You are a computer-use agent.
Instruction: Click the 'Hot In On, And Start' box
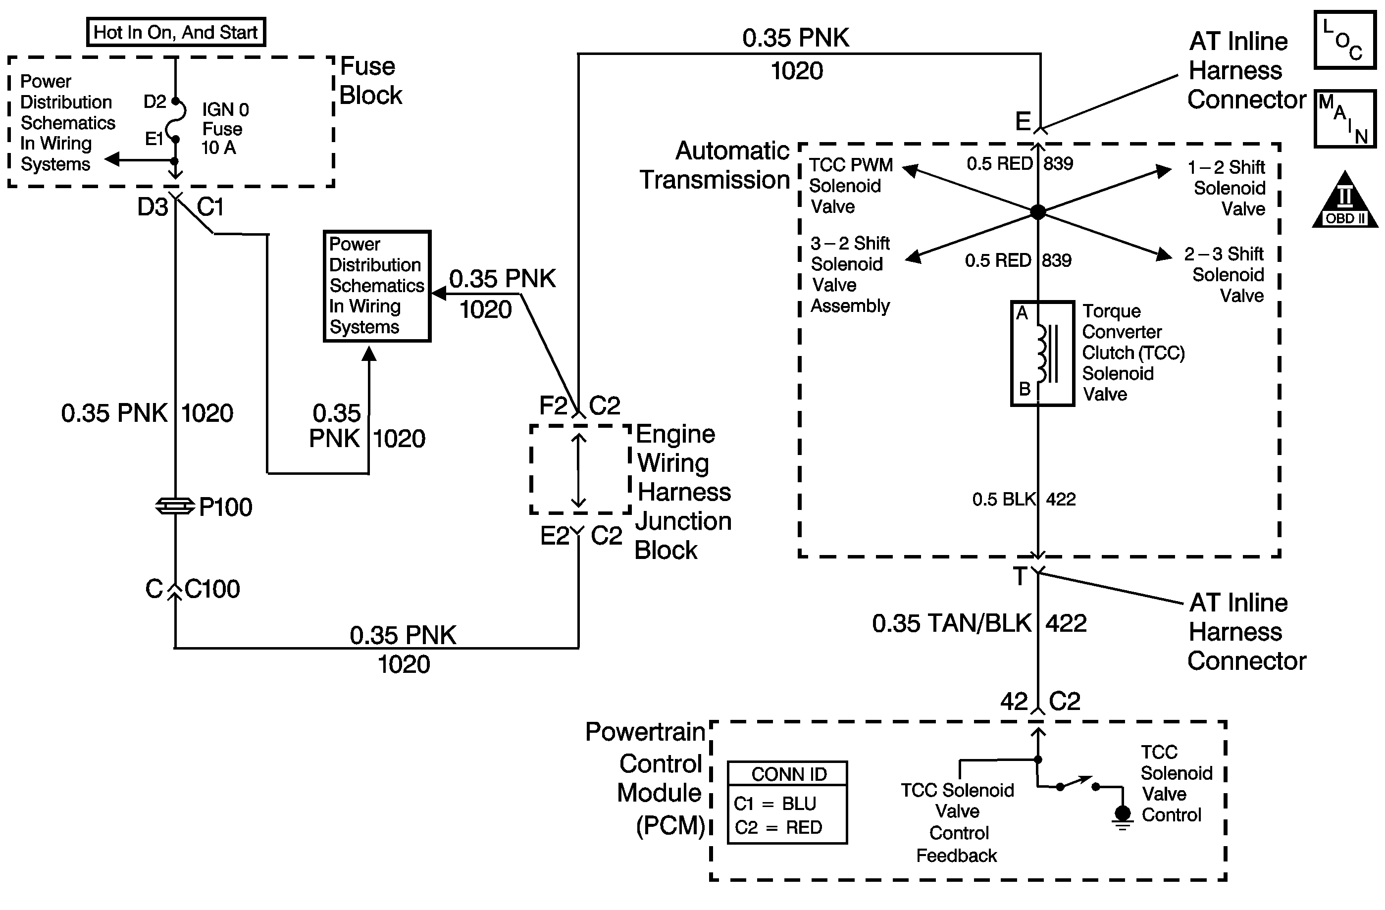(x=176, y=32)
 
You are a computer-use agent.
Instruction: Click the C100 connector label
(x=212, y=589)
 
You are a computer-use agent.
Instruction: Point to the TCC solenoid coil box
(x=1042, y=353)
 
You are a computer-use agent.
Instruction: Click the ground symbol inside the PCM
(x=1122, y=816)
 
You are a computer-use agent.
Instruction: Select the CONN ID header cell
(x=788, y=774)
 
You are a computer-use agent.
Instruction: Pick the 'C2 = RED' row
(x=778, y=827)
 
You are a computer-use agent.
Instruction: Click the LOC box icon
(x=1345, y=40)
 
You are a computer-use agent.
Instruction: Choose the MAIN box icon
(x=1345, y=119)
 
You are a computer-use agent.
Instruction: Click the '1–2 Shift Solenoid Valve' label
(x=1228, y=188)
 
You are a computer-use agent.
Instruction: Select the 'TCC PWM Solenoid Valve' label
(x=850, y=186)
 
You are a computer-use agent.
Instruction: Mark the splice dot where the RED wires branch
(x=1038, y=212)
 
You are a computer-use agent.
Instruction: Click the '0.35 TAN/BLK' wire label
(x=951, y=623)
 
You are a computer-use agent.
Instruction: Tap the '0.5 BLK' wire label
(x=1004, y=499)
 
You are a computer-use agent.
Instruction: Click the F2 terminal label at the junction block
(x=553, y=405)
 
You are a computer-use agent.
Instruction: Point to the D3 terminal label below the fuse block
(x=153, y=206)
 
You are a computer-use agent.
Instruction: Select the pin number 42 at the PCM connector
(x=1014, y=701)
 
